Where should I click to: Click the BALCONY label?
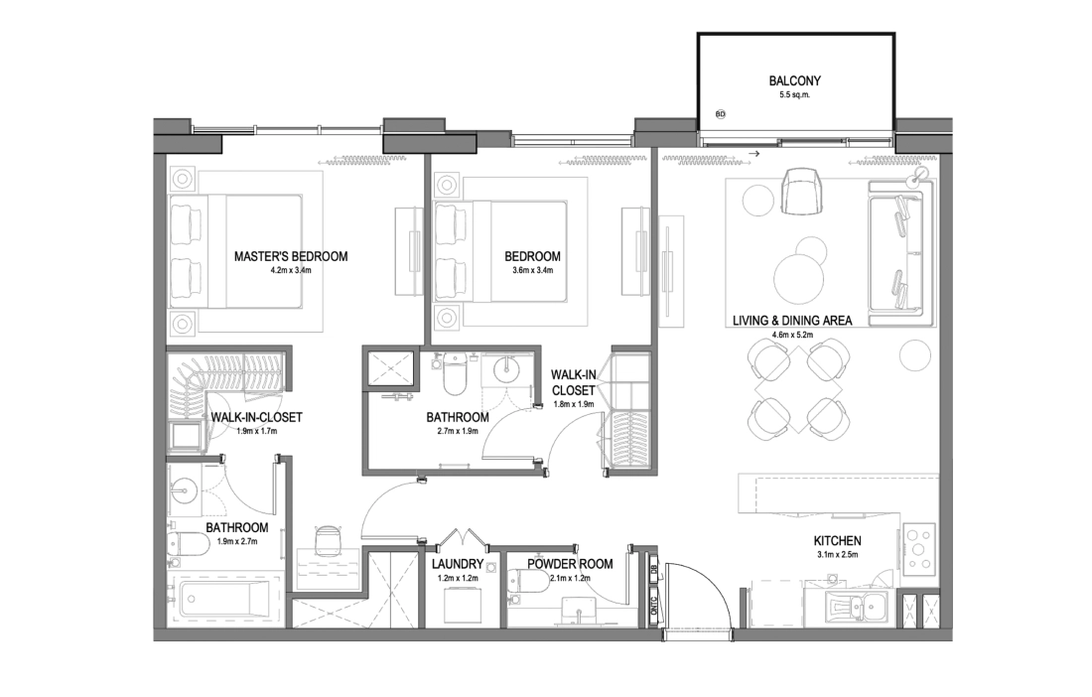click(x=794, y=80)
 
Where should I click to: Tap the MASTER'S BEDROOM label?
click(x=291, y=256)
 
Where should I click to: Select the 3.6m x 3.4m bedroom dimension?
click(x=532, y=270)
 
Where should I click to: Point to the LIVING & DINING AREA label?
click(x=792, y=321)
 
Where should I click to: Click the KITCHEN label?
click(x=837, y=540)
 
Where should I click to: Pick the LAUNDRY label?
click(x=457, y=564)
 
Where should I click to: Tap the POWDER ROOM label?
click(x=570, y=564)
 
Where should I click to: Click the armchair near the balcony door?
click(x=804, y=193)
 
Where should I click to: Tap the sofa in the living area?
click(x=897, y=247)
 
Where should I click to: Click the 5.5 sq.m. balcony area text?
click(x=794, y=94)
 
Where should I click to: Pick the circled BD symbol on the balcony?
click(x=720, y=113)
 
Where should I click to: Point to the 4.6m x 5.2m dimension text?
click(x=792, y=335)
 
